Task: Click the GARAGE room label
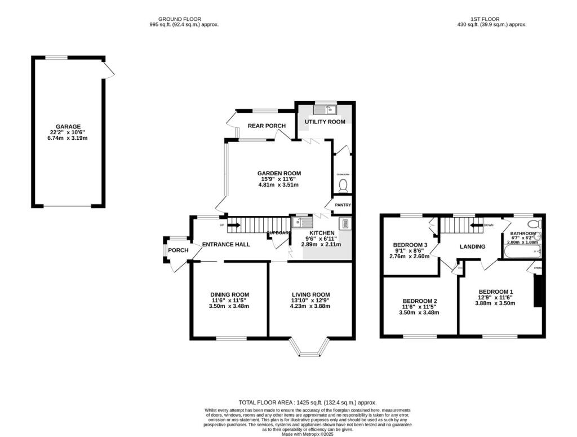click(x=68, y=127)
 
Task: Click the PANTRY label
click(x=343, y=205)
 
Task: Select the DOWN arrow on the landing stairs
click(x=478, y=226)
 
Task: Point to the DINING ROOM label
click(x=229, y=294)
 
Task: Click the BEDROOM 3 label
click(x=410, y=245)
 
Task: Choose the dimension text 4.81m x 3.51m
click(x=278, y=185)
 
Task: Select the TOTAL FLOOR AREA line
click(x=307, y=403)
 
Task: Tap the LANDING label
click(x=472, y=246)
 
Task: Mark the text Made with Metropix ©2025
click(x=307, y=433)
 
